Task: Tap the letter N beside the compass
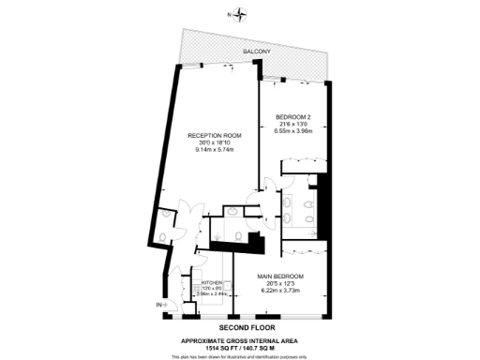coord(230,15)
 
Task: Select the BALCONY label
coord(256,52)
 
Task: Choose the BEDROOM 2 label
coord(292,117)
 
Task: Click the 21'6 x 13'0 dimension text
coord(292,125)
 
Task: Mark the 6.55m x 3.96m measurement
coord(292,132)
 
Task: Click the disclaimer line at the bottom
coord(240,355)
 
